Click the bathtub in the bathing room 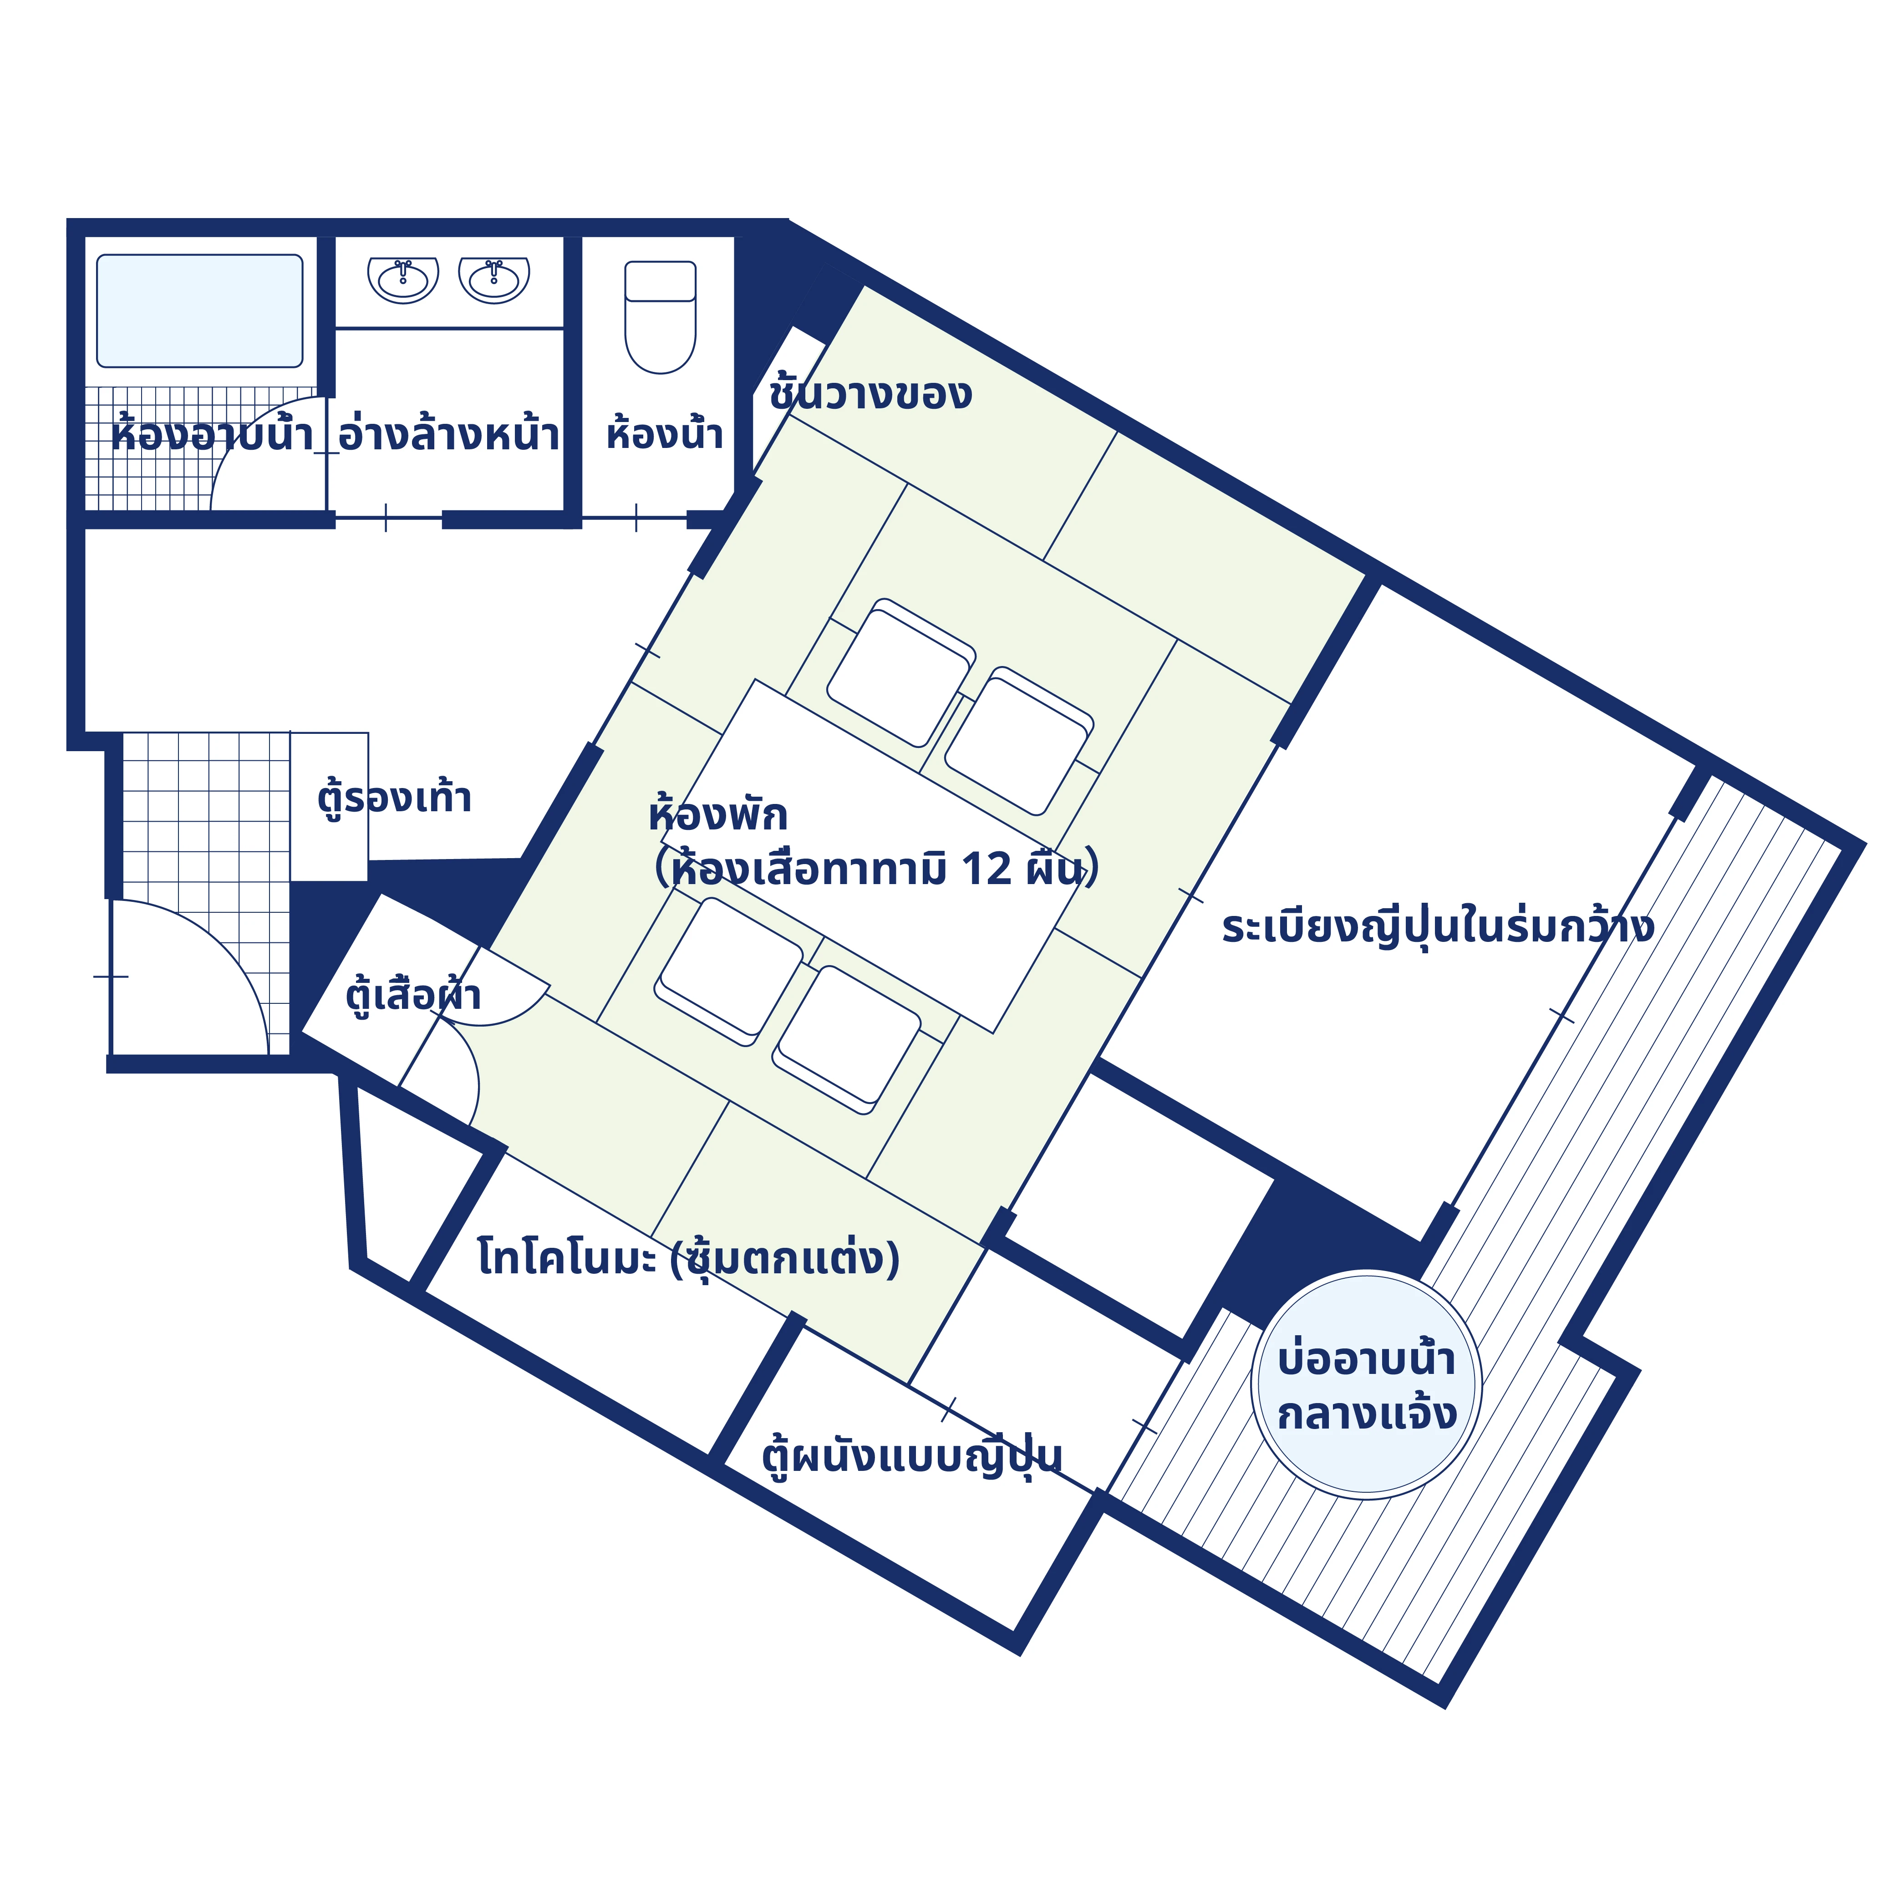pyautogui.click(x=199, y=311)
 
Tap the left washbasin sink pyautogui.click(x=402, y=280)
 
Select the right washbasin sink pyautogui.click(x=494, y=280)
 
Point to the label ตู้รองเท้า pyautogui.click(x=394, y=797)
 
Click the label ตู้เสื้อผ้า pyautogui.click(x=412, y=995)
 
